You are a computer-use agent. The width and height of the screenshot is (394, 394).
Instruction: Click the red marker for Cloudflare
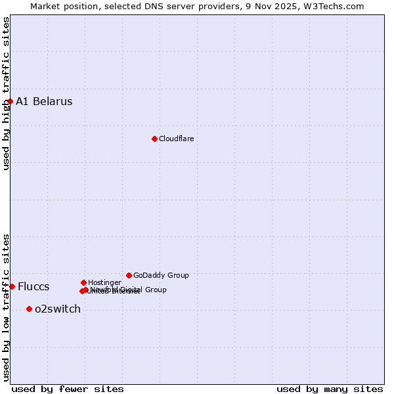(154, 139)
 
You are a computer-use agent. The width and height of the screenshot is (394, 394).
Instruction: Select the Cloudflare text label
(176, 139)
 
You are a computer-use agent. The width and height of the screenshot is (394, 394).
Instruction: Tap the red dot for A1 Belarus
(10, 101)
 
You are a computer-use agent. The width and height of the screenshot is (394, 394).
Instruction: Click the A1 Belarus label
(44, 101)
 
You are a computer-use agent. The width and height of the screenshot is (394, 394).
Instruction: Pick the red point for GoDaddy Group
(129, 275)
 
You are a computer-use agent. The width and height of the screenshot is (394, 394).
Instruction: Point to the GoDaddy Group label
(161, 276)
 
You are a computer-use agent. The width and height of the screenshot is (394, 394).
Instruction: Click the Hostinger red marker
(83, 282)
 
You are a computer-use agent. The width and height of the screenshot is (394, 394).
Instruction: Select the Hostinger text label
(104, 283)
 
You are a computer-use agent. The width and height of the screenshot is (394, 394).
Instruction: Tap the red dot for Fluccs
(12, 286)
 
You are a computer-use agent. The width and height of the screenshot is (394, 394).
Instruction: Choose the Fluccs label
(33, 287)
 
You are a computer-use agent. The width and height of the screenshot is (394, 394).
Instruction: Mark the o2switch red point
(29, 309)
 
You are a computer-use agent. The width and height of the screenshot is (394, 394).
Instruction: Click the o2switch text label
(58, 309)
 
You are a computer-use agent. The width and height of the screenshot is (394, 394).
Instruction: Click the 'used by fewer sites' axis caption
(68, 389)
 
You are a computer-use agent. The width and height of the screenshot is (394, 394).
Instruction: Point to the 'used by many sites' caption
(330, 389)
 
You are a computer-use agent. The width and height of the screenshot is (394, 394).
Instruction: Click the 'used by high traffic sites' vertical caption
(6, 94)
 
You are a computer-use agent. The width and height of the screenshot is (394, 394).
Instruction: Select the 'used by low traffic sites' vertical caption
(6, 307)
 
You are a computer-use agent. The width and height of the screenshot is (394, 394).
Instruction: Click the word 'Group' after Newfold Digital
(156, 290)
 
